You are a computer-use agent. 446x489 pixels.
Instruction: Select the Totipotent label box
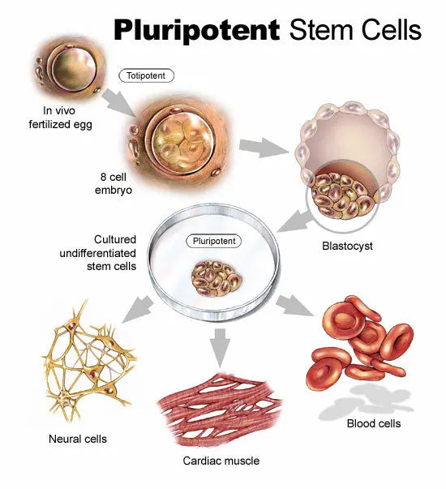click(147, 76)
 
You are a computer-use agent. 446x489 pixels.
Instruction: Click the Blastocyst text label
click(345, 246)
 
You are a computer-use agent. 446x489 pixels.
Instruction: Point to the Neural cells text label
click(77, 439)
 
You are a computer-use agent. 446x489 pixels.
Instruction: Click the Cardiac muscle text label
click(221, 461)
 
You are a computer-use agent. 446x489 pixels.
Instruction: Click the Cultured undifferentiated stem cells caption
click(104, 252)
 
